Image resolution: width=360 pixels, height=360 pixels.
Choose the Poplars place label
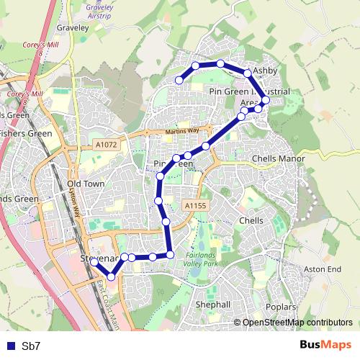coord(279,307)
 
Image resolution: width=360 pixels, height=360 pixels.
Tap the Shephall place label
coord(213,305)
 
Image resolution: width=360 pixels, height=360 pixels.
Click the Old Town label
coord(86,184)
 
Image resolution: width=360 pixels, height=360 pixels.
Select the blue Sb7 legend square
coord(9,346)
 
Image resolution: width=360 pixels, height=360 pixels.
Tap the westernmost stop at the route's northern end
coord(179,80)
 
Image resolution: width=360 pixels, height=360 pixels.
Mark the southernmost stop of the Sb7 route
coord(111,276)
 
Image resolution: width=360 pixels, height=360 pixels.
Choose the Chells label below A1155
coord(251,220)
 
